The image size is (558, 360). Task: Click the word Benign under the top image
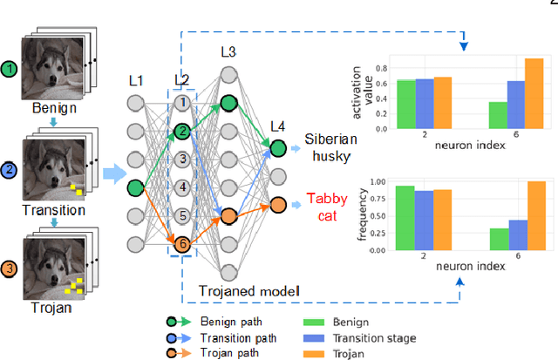point(55,109)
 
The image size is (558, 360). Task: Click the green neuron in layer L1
point(135,187)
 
